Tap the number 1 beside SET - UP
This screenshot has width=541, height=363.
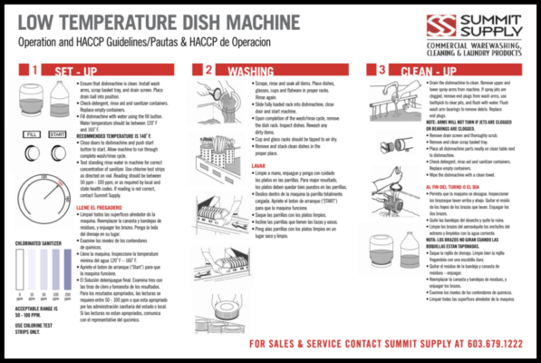pyautogui.click(x=33, y=70)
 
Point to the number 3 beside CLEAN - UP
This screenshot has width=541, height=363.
pyautogui.click(x=381, y=70)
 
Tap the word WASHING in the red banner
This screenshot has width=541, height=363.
pyautogui.click(x=250, y=70)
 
